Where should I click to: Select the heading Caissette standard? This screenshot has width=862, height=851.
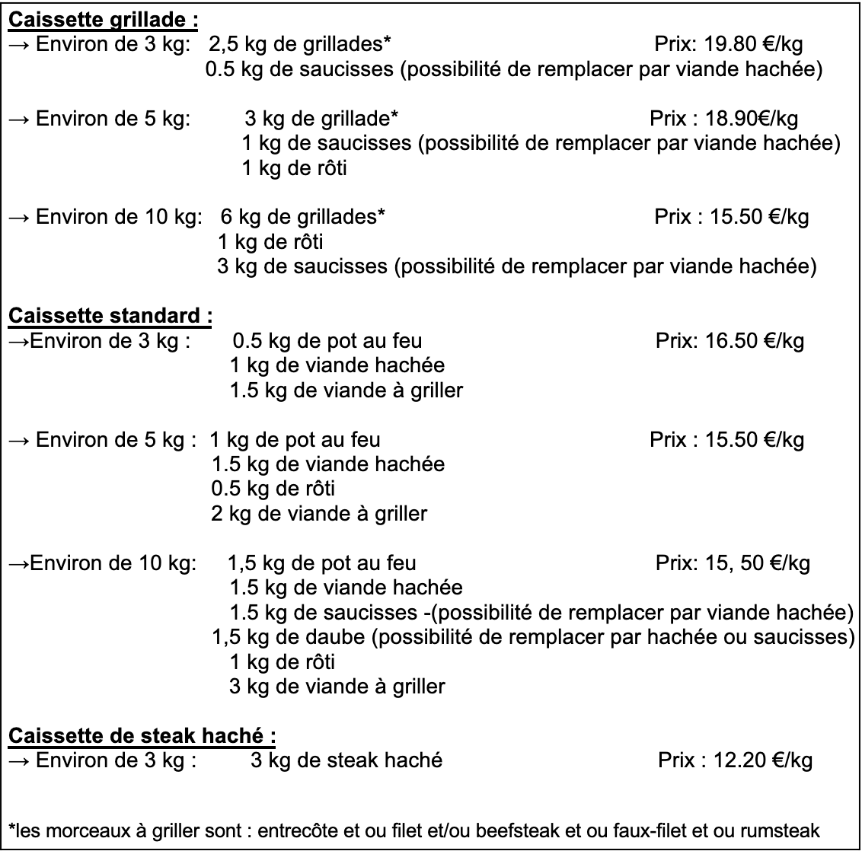[110, 314]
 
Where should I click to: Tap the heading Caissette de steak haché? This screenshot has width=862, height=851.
[142, 736]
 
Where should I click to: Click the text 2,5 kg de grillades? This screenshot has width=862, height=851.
[300, 44]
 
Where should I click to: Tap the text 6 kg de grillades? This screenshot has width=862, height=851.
[302, 216]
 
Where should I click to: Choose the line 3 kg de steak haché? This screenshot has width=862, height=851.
[346, 760]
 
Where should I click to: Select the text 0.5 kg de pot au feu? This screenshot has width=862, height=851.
[327, 340]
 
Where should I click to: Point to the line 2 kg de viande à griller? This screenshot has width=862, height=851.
[319, 513]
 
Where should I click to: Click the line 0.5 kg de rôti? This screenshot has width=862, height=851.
[273, 488]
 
